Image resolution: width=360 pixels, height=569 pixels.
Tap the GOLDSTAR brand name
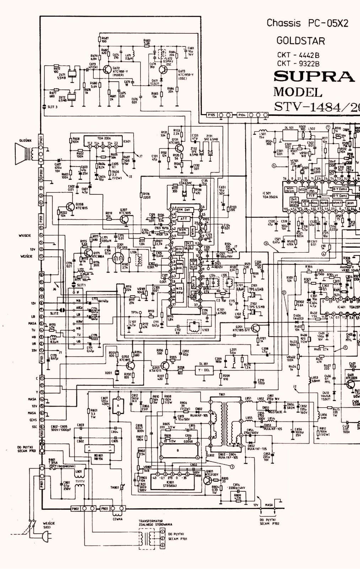click(301, 41)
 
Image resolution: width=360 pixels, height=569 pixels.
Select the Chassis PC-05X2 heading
click(307, 23)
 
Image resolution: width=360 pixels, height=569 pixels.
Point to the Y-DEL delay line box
click(204, 369)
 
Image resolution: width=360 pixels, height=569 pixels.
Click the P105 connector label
click(211, 115)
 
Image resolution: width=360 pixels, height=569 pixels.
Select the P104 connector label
click(241, 115)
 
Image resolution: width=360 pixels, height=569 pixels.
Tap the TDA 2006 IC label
click(103, 138)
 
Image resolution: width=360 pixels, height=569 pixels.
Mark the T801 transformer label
click(222, 395)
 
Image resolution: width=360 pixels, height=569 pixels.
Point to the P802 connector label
click(75, 509)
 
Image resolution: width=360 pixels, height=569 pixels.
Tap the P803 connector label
click(104, 509)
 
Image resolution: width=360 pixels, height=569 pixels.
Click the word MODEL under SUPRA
click(298, 92)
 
